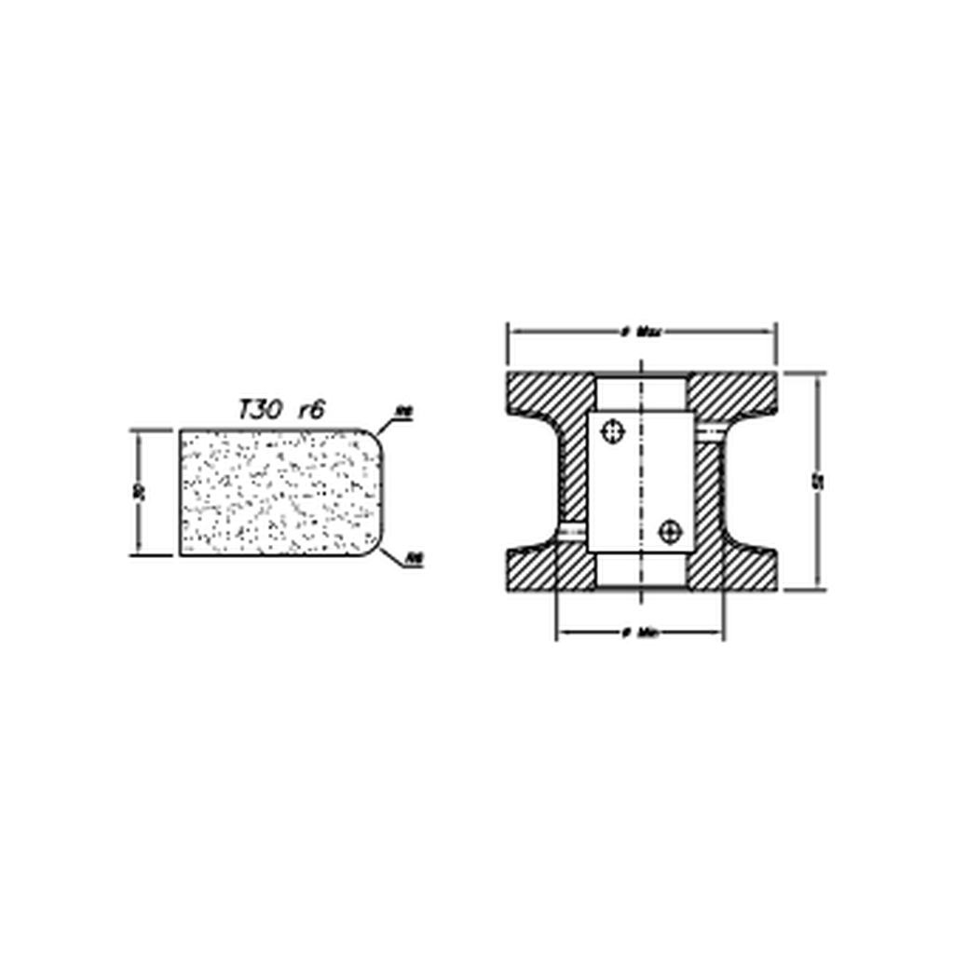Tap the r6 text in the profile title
pyautogui.click(x=311, y=410)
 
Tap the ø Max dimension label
pyautogui.click(x=641, y=332)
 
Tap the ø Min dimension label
pyautogui.click(x=640, y=634)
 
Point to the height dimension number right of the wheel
pyautogui.click(x=818, y=482)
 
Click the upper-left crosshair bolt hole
pyautogui.click(x=612, y=431)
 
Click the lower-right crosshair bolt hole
pyautogui.click(x=669, y=532)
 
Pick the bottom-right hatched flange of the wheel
pyautogui.click(x=736, y=568)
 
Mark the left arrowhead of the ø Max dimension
pyautogui.click(x=511, y=332)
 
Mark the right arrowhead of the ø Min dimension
pyautogui.click(x=718, y=634)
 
